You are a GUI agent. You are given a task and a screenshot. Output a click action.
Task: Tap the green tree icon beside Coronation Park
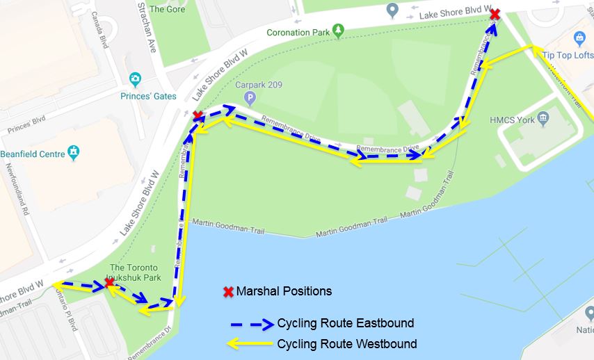(338, 30)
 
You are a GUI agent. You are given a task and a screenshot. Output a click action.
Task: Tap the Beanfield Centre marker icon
(74, 152)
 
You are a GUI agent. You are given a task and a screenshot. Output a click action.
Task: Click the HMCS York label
(513, 120)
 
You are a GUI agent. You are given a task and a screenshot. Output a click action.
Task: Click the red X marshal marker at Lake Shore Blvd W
(495, 15)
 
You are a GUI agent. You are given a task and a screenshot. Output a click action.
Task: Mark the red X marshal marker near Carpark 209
(198, 115)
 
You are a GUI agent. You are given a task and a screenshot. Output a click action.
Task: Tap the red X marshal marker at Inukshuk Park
(109, 282)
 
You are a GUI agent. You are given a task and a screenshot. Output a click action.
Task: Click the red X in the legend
(227, 291)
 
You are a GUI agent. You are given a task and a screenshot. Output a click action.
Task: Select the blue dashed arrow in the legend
(251, 324)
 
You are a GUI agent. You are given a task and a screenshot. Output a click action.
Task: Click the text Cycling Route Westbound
(347, 343)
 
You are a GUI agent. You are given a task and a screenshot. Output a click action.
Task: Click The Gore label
(167, 9)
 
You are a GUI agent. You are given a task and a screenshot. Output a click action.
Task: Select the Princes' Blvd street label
(26, 126)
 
